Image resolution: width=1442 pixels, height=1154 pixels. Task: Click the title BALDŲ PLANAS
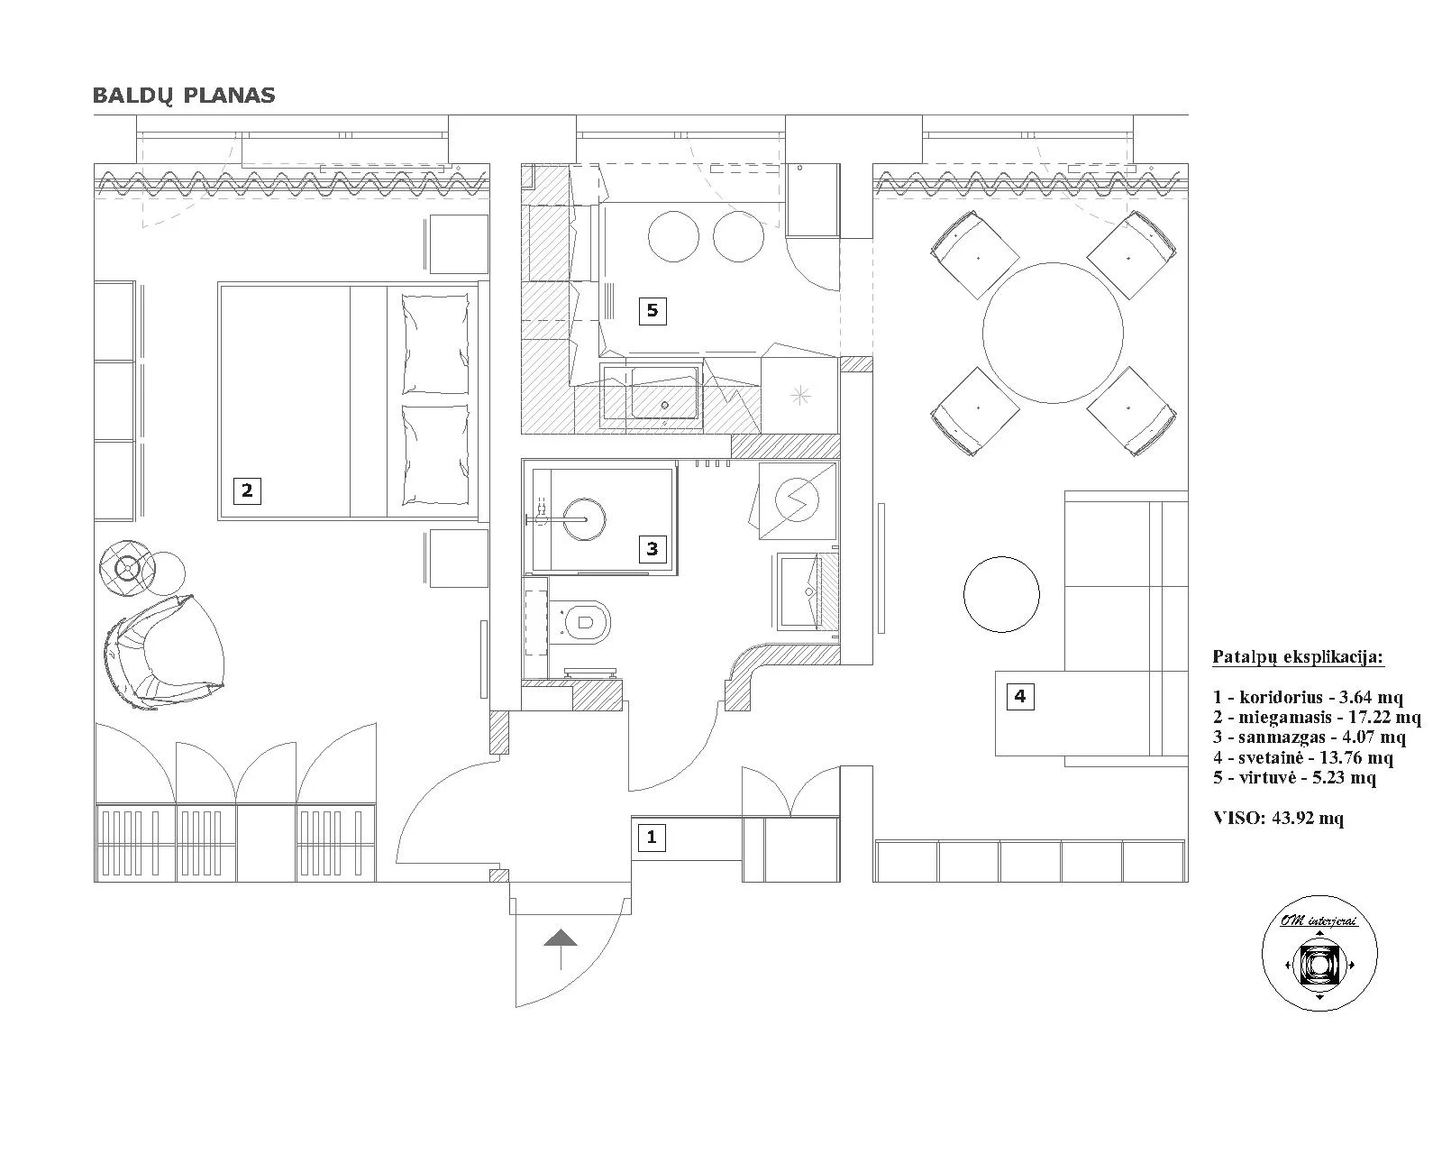click(184, 96)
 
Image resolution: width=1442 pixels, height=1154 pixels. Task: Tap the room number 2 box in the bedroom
click(247, 490)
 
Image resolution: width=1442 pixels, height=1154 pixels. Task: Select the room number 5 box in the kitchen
click(653, 311)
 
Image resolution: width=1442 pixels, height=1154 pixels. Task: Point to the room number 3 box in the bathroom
click(652, 548)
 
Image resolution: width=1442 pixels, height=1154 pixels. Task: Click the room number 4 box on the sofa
click(1020, 696)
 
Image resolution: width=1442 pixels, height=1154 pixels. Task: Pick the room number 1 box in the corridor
click(652, 838)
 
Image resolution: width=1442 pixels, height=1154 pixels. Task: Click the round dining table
click(1053, 333)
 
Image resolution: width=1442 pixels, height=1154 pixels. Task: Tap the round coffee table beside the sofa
click(1001, 594)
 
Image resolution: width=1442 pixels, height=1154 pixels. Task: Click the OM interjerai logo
click(1319, 953)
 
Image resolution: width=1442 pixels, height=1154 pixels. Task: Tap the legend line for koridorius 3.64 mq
click(1308, 698)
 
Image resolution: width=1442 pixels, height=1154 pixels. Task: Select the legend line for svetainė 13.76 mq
click(1303, 757)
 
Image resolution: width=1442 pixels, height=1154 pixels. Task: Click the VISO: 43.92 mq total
click(1279, 818)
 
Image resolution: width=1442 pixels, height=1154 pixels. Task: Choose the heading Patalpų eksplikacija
click(1299, 657)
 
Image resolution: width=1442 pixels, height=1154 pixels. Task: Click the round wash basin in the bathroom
click(584, 519)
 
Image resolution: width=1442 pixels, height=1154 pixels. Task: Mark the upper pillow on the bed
click(435, 344)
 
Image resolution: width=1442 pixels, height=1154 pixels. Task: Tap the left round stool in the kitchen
click(673, 237)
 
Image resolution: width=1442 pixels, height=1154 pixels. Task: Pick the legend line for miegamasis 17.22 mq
click(1318, 718)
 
